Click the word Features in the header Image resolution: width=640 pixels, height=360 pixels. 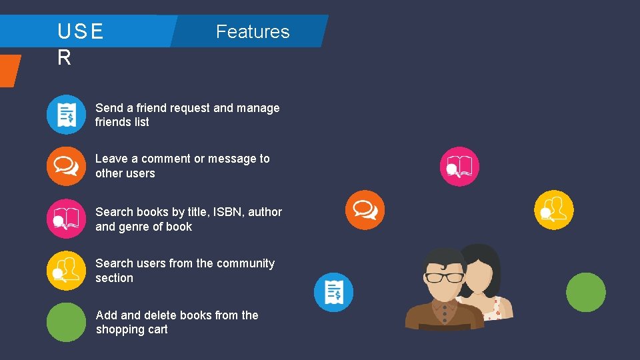click(253, 31)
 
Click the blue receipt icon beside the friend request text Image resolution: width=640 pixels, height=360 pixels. click(66, 115)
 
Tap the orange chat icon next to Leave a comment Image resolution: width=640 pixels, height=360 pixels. click(66, 166)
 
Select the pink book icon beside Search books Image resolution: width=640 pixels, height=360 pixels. click(66, 218)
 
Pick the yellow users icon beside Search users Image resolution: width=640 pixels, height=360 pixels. click(66, 270)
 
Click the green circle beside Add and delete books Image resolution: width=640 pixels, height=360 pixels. click(66, 322)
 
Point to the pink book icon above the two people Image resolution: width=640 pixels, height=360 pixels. click(459, 166)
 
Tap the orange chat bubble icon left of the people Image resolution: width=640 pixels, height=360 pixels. click(365, 209)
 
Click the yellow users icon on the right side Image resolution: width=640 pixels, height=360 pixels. click(554, 210)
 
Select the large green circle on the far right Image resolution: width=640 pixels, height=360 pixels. click(585, 292)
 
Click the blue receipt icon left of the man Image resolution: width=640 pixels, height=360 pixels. click(333, 292)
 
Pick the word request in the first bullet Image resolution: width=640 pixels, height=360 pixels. click(190, 108)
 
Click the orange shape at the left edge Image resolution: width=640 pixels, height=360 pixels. click(9, 70)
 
